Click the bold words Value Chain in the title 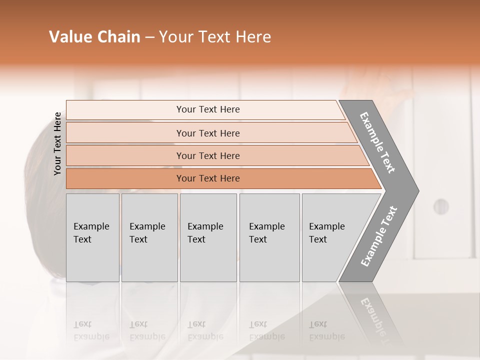pyautogui.click(x=94, y=37)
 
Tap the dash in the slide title pyautogui.click(x=149, y=37)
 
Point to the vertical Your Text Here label pyautogui.click(x=57, y=143)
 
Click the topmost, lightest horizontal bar pyautogui.click(x=207, y=109)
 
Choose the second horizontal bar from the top pyautogui.click(x=208, y=133)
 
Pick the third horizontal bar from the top pyautogui.click(x=208, y=155)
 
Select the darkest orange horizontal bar pyautogui.click(x=208, y=178)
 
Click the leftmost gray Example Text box pyautogui.click(x=92, y=237)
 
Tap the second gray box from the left pyautogui.click(x=149, y=237)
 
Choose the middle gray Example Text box pyautogui.click(x=208, y=237)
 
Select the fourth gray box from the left pyautogui.click(x=269, y=237)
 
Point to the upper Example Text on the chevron pyautogui.click(x=377, y=142)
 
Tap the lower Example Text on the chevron pyautogui.click(x=378, y=236)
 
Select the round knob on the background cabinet pyautogui.click(x=440, y=206)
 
